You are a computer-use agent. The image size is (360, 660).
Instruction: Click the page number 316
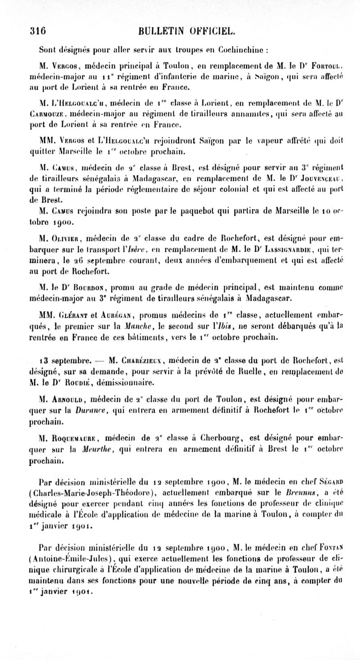38,31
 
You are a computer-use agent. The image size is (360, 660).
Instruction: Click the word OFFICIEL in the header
210,31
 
